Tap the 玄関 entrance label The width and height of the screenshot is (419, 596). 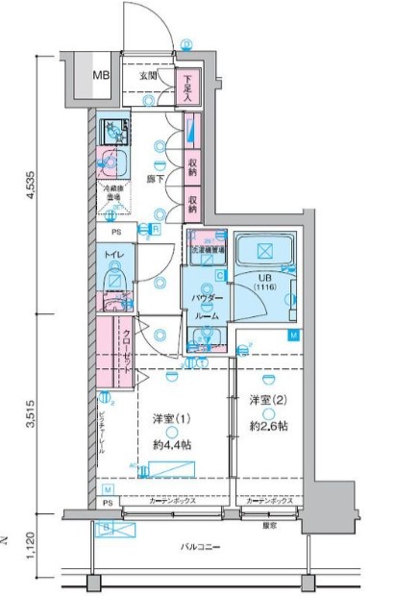coord(147,75)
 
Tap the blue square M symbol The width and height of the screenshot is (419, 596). coord(295,335)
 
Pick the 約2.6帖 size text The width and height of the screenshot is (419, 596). coord(269,425)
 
